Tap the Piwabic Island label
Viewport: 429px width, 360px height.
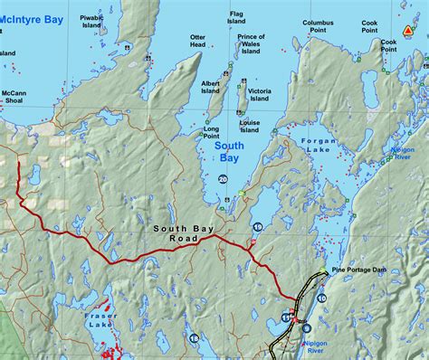click(91, 21)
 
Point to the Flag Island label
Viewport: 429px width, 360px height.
click(236, 17)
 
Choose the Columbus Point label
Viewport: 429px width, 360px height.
click(318, 26)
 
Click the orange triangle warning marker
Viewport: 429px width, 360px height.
click(408, 30)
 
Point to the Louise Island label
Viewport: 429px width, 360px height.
click(251, 125)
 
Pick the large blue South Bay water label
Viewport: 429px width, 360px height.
click(228, 151)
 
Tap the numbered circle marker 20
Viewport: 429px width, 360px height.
click(223, 179)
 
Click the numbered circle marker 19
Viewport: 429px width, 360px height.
click(258, 225)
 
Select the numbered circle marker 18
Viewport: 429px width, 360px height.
click(195, 338)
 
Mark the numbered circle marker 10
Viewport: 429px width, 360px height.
click(322, 298)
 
